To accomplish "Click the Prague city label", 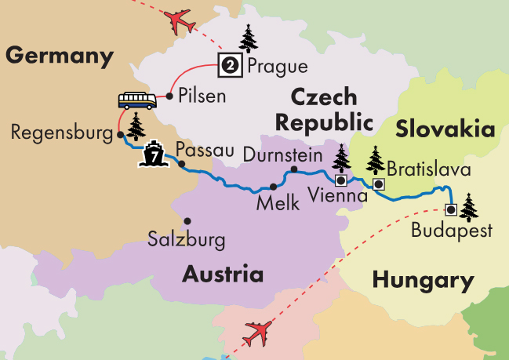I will [277, 67].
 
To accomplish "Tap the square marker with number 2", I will [230, 66].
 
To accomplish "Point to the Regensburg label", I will [62, 133].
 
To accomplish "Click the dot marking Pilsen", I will [169, 97].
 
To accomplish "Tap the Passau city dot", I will [182, 164].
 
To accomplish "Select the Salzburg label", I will [186, 239].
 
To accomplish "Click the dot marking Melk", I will [273, 187].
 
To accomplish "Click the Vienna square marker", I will [340, 178].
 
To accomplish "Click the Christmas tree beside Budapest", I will [469, 208].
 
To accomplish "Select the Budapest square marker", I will [450, 209].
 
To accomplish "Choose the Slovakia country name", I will [445, 129].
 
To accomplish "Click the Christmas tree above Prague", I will [249, 38].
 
